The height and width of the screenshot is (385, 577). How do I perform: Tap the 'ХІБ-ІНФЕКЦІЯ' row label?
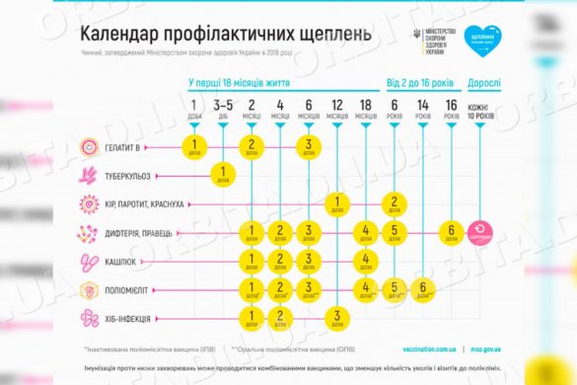tap(136, 318)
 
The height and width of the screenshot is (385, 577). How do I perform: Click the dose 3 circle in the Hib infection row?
tap(336, 318)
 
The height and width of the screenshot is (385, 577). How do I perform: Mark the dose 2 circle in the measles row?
tap(394, 204)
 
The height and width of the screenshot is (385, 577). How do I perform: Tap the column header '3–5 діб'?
tap(223, 109)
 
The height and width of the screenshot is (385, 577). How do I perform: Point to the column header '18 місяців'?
tap(365, 109)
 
